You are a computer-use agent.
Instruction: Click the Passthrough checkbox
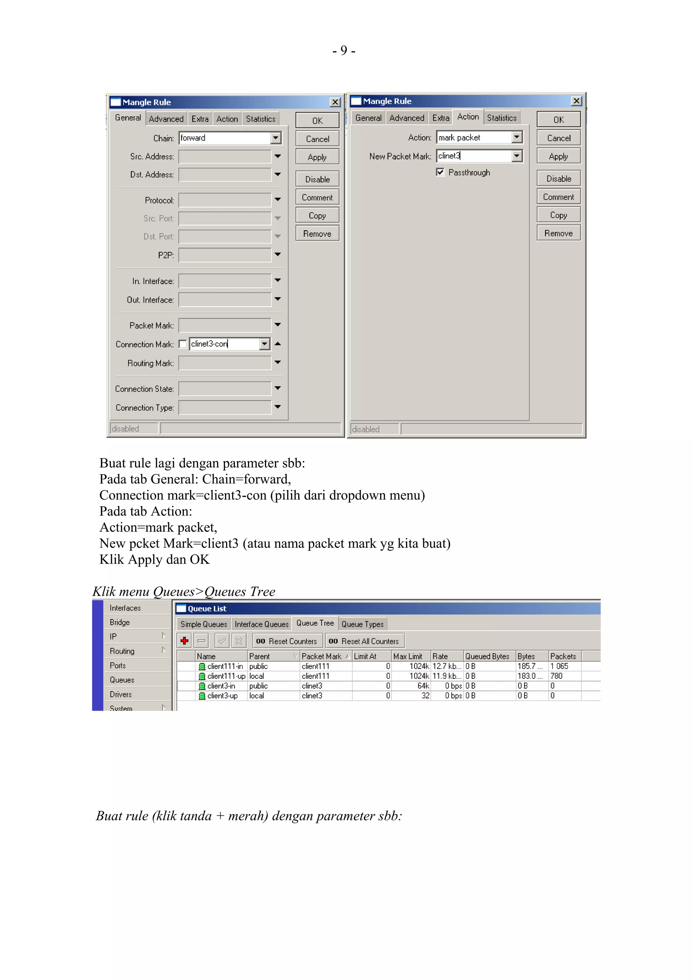[x=440, y=172]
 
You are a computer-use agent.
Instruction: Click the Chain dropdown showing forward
[x=230, y=138]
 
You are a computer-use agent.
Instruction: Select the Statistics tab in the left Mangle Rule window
[x=261, y=119]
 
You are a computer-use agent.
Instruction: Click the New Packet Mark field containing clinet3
[x=474, y=156]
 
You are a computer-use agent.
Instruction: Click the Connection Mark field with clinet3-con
[x=224, y=344]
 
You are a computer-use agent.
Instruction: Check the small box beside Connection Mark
[x=183, y=344]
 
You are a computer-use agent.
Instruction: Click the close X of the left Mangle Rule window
[x=335, y=102]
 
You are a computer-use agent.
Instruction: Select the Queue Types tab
[x=362, y=624]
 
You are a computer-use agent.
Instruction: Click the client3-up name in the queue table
[x=222, y=696]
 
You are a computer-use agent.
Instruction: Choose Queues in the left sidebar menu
[x=122, y=680]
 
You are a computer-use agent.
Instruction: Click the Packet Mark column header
[x=321, y=656]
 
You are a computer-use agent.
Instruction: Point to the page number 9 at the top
[x=344, y=51]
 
